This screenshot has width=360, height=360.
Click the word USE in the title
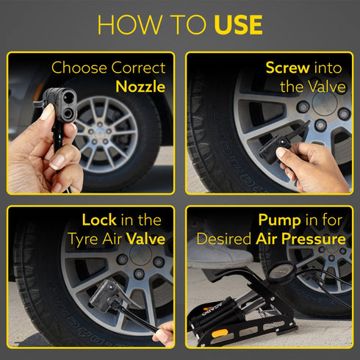(x=238, y=25)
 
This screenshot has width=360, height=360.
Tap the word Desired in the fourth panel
(x=224, y=239)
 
